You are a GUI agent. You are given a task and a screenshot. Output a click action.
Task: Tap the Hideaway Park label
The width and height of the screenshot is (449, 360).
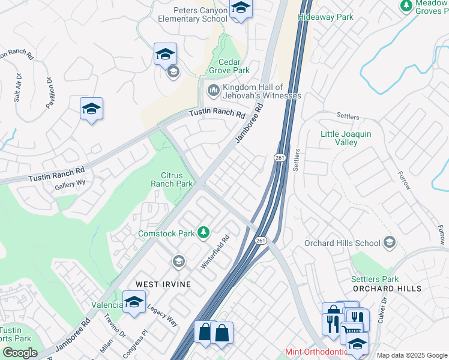click(326, 17)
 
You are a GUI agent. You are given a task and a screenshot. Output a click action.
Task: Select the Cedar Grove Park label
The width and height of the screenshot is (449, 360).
click(224, 66)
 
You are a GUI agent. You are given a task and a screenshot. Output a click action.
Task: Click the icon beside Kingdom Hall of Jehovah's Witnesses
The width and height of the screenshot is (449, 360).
click(212, 91)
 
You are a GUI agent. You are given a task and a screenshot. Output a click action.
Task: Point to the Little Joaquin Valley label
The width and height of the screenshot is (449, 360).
click(347, 138)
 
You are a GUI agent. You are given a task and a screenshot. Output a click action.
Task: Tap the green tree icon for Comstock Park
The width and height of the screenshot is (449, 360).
click(204, 232)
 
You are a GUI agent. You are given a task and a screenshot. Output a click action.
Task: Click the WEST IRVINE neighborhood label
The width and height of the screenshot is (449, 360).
click(163, 284)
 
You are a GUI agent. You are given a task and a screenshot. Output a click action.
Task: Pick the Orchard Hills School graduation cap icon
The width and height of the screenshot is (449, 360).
click(390, 242)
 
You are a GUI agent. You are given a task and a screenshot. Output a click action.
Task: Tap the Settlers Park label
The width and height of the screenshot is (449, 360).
click(375, 279)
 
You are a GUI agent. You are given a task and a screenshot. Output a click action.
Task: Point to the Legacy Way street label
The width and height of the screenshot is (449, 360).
click(164, 313)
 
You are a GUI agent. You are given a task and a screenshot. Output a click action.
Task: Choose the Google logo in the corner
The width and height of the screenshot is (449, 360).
click(20, 352)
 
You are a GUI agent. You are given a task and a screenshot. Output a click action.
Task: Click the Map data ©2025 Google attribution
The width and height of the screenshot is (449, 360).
click(411, 355)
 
